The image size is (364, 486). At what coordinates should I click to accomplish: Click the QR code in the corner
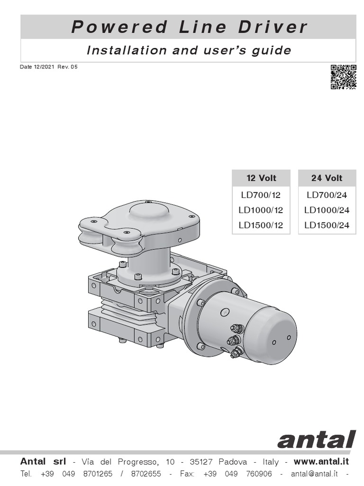[x=343, y=77]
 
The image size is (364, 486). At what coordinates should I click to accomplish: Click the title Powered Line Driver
[x=189, y=27]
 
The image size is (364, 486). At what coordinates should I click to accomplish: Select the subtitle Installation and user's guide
[x=189, y=50]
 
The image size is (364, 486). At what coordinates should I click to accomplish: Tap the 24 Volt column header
[x=327, y=178]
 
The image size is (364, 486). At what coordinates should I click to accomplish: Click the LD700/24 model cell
[x=327, y=195]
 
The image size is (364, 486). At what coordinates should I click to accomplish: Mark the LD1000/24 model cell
[x=327, y=210]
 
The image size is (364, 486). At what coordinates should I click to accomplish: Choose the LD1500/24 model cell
[x=327, y=225]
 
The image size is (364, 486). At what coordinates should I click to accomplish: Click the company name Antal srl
[x=46, y=462]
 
